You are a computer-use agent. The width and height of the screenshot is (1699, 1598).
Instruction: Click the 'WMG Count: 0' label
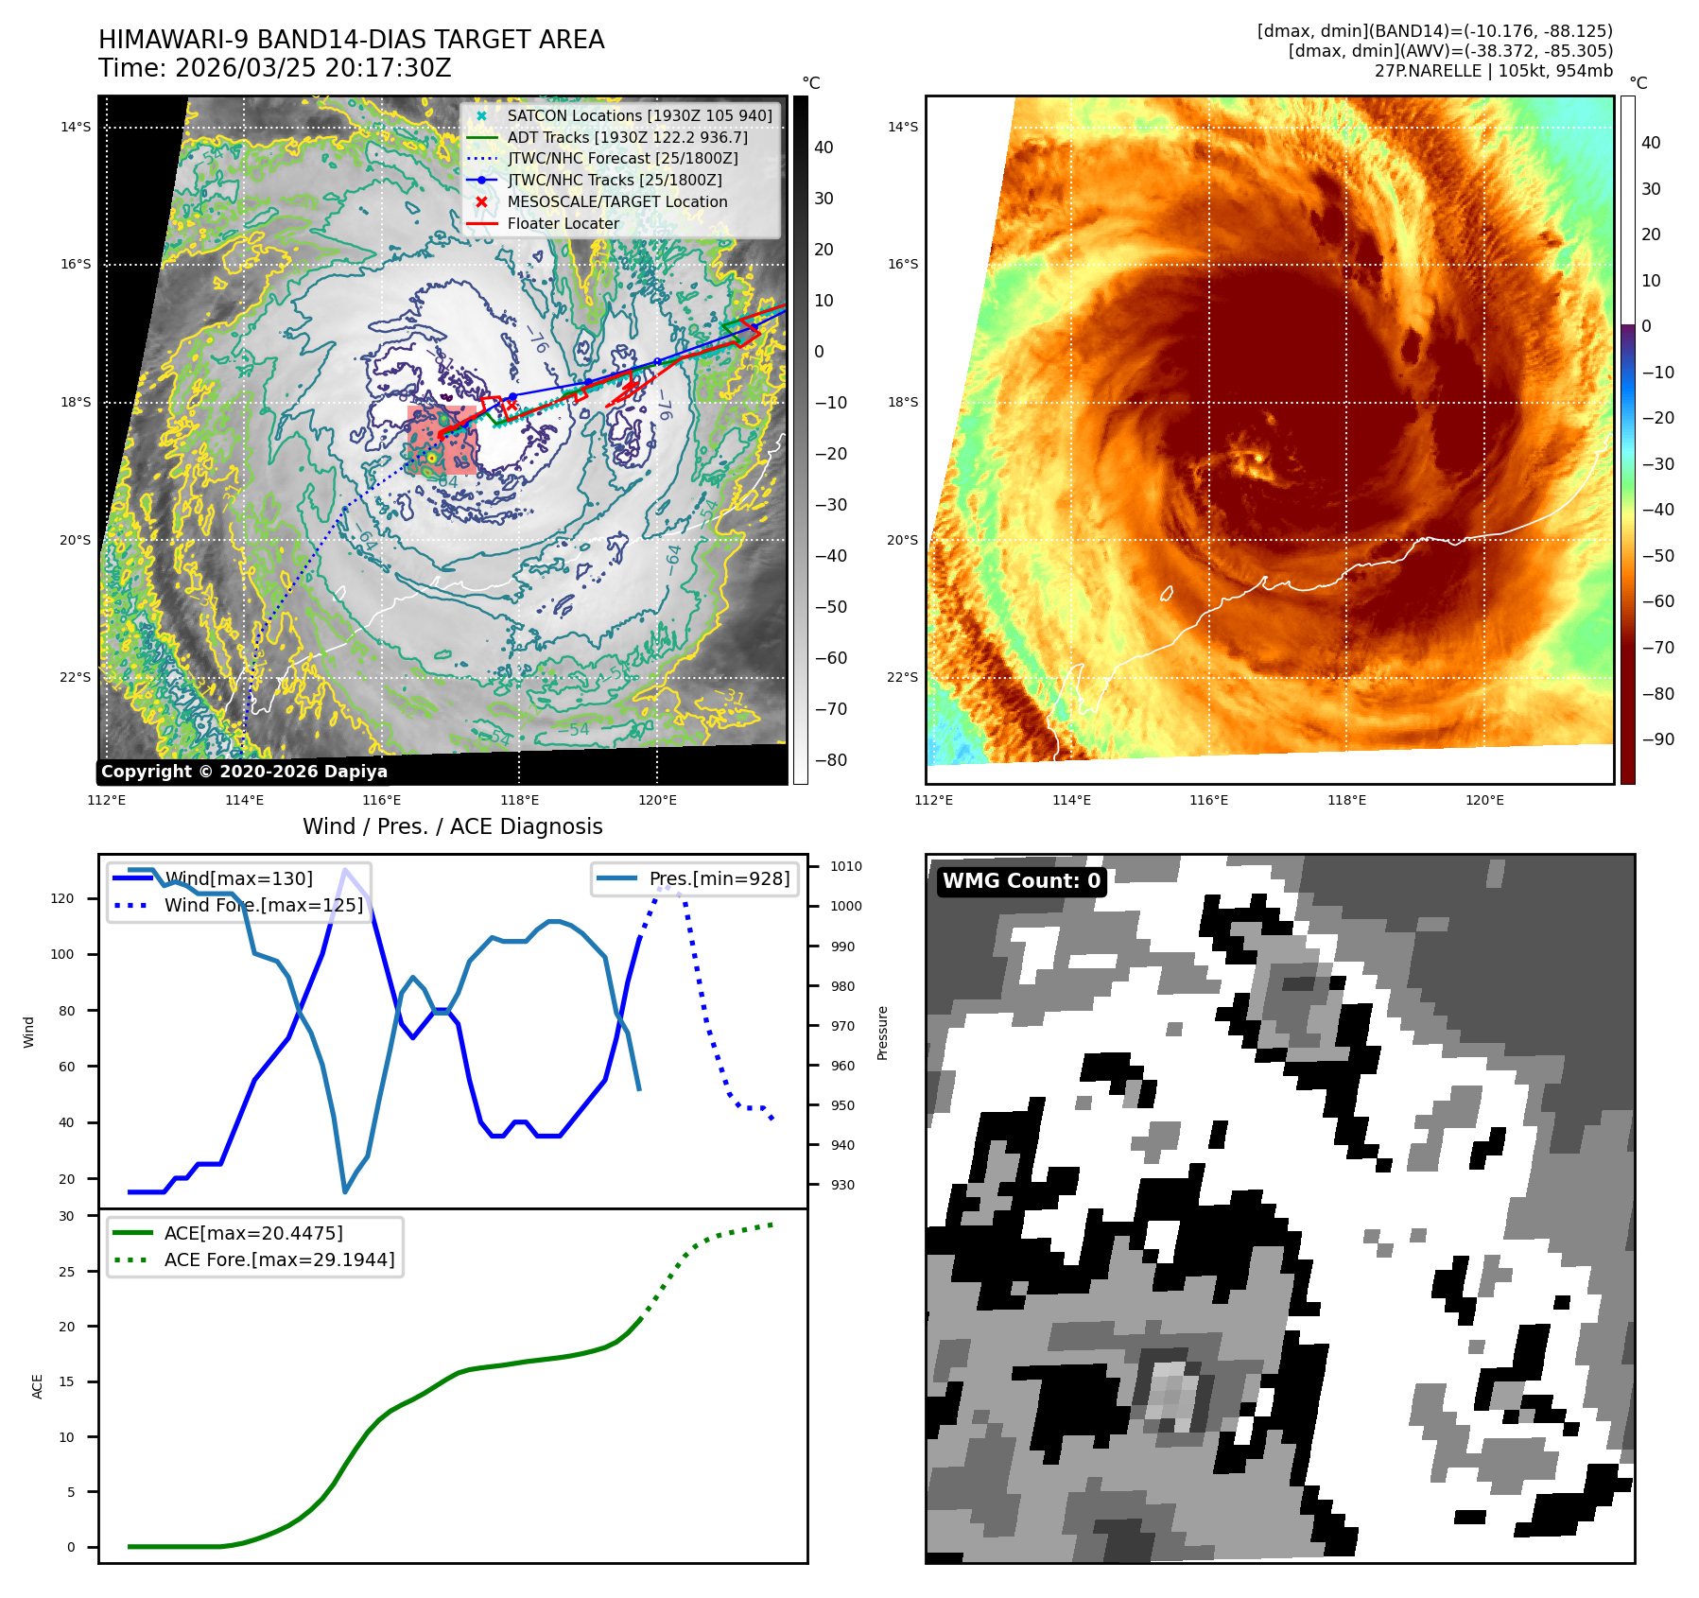(1021, 881)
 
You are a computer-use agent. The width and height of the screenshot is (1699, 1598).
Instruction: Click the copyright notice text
(244, 772)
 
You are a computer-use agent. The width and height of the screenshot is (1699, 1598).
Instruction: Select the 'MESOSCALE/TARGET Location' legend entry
(616, 201)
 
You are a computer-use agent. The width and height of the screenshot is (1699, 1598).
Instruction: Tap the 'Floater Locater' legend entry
(563, 223)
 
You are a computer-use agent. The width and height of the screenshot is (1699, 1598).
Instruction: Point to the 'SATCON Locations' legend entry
(639, 115)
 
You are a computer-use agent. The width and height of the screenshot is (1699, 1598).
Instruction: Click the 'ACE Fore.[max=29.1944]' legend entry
(279, 1259)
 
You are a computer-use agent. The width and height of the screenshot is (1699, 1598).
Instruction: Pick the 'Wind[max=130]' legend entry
(238, 878)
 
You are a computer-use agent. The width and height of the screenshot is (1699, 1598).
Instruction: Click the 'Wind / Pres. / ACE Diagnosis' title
(452, 826)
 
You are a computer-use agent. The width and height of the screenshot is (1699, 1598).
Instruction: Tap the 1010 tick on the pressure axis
(846, 866)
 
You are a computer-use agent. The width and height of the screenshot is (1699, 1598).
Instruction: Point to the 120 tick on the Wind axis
(62, 898)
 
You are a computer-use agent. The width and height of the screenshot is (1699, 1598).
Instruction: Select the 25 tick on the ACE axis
(66, 1272)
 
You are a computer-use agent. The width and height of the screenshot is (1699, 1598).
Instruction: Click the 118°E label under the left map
(519, 800)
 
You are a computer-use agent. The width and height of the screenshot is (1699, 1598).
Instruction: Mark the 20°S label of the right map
(903, 540)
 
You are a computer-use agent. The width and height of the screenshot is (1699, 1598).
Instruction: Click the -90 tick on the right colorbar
(1657, 739)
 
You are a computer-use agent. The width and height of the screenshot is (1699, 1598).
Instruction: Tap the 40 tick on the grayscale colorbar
(823, 148)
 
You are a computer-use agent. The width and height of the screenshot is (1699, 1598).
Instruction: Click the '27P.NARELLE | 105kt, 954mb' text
(1493, 71)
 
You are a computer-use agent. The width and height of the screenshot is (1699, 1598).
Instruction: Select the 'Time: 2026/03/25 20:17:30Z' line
(274, 68)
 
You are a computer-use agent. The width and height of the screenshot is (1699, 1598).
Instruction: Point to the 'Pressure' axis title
(882, 1033)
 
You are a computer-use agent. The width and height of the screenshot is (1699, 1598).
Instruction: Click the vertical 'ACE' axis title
(38, 1386)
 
